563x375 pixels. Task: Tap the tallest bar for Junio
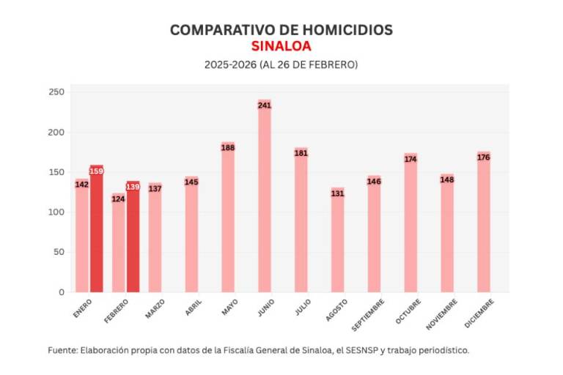click(x=265, y=198)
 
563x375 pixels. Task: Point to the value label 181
click(x=301, y=153)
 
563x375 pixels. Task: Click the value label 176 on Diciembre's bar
click(x=483, y=157)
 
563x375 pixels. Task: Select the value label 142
click(x=82, y=185)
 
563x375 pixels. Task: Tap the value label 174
click(x=411, y=159)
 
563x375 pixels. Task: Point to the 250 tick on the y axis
click(x=56, y=92)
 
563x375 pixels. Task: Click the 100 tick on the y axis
click(x=56, y=212)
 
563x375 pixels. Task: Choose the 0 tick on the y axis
click(x=61, y=292)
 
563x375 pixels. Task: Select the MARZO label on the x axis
click(x=154, y=308)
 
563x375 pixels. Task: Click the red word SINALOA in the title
click(x=281, y=45)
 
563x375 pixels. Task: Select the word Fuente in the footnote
click(x=63, y=350)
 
